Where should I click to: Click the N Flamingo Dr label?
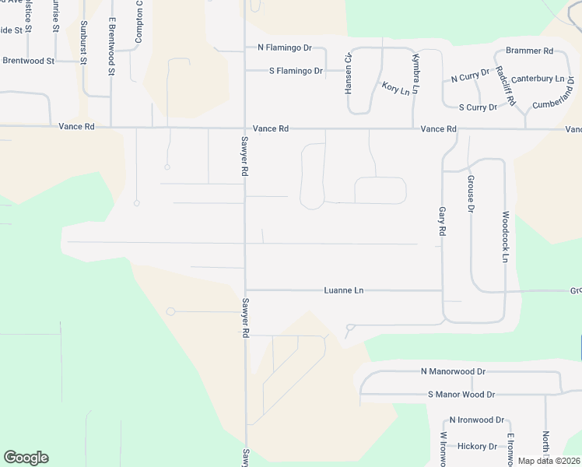click(285, 47)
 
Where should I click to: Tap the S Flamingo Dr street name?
click(285, 72)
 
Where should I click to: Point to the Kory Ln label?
click(395, 88)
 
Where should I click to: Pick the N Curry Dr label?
click(470, 75)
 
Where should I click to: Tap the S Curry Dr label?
click(478, 107)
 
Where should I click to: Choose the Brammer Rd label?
click(529, 51)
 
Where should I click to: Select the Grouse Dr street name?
click(471, 194)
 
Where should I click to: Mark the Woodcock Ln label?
click(505, 236)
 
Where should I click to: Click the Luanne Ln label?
click(344, 290)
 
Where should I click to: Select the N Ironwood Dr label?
click(477, 420)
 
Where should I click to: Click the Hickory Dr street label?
click(478, 446)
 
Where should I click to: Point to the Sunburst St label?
click(84, 43)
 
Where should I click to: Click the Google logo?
click(26, 458)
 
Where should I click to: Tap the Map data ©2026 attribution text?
click(549, 461)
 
